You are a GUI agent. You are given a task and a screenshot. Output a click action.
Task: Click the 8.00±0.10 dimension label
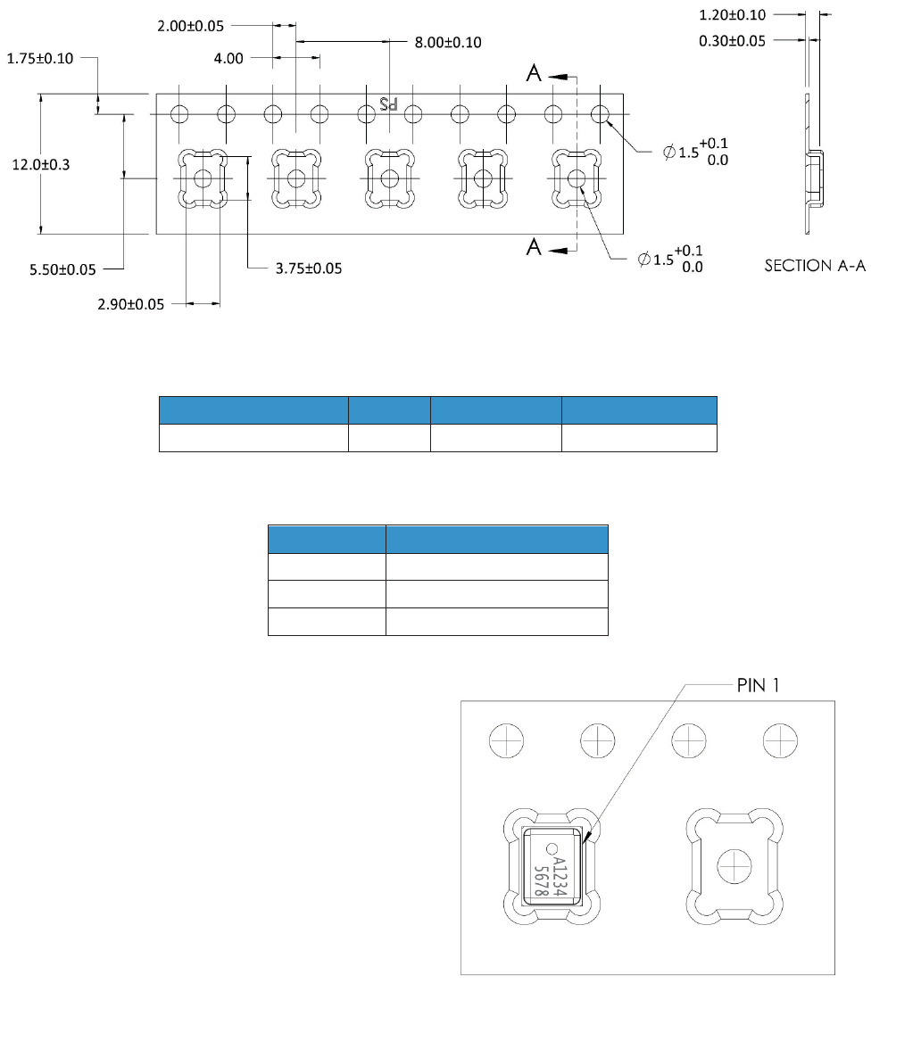448,42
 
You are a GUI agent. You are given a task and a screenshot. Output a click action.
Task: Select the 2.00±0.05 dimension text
190,26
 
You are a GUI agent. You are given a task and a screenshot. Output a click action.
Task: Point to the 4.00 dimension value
228,59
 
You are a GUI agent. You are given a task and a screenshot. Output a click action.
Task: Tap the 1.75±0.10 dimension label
40,58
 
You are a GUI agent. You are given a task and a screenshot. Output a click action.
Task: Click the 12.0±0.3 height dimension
40,164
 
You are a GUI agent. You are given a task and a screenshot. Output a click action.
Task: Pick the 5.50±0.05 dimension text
62,269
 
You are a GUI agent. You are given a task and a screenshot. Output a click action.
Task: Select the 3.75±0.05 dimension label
309,268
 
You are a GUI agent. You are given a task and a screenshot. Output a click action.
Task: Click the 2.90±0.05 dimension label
131,304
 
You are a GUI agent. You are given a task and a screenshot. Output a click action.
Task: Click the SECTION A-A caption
815,266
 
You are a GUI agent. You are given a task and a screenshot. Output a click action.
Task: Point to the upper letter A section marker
534,75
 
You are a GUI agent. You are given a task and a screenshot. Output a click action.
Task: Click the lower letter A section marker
534,247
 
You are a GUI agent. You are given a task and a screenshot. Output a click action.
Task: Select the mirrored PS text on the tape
388,103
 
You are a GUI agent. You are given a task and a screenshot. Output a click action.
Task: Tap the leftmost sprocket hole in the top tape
180,114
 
